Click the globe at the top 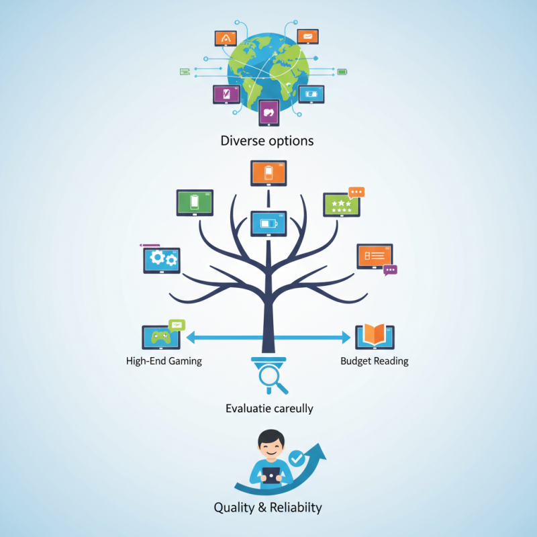[268, 71]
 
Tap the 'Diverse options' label [267, 141]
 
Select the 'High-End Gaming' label [164, 361]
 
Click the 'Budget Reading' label [375, 361]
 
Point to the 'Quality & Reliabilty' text [268, 507]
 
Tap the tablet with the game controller [161, 338]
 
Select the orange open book [375, 334]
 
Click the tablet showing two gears [162, 260]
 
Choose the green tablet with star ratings [342, 205]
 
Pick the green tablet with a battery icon [195, 203]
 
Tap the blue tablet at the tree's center [268, 224]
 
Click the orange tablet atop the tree [268, 173]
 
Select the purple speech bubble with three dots [390, 271]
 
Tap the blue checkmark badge [297, 458]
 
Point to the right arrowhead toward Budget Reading [346, 338]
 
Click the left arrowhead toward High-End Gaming [191, 338]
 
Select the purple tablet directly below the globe [269, 113]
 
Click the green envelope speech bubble [177, 325]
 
